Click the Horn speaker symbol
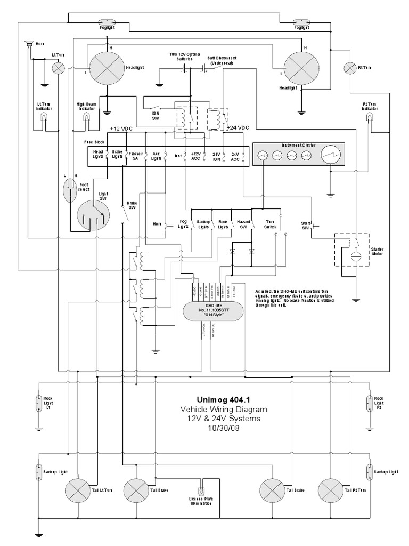click(28, 44)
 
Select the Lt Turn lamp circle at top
click(58, 67)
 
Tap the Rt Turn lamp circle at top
click(350, 68)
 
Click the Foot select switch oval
click(69, 190)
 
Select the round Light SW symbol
click(92, 215)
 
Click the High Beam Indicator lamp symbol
click(87, 122)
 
